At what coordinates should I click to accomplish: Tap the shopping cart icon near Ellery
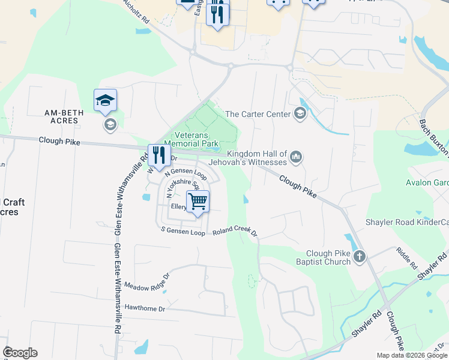tap(197, 201)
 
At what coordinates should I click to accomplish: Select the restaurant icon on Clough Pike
tap(158, 155)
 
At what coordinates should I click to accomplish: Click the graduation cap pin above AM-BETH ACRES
tap(105, 100)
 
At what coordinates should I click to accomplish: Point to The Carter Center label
tap(258, 114)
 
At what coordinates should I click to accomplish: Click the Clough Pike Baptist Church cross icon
tap(359, 257)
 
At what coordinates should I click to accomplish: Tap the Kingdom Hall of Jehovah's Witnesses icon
tap(295, 158)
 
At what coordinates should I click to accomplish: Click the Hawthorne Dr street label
tap(145, 308)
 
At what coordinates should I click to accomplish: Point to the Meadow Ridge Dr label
tap(148, 283)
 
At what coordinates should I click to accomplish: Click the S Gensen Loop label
tap(183, 231)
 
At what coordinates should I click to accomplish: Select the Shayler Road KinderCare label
tap(407, 223)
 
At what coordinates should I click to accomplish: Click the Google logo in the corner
tap(20, 352)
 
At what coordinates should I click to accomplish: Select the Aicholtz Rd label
tap(136, 11)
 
